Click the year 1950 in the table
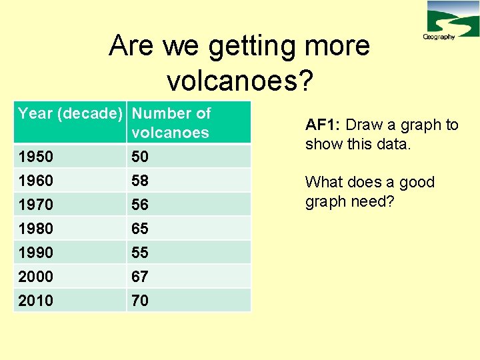36,157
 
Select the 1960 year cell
36,181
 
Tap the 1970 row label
36,205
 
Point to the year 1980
36,229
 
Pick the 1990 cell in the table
36,253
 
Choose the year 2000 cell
36,277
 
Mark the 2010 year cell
36,301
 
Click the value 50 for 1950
140,157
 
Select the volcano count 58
140,181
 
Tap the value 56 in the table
140,205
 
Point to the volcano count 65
140,229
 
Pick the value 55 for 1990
140,253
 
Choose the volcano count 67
140,277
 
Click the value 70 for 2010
140,301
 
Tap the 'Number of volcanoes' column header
171,123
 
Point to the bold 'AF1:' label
323,125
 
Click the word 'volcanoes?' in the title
239,80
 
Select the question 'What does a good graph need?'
369,191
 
